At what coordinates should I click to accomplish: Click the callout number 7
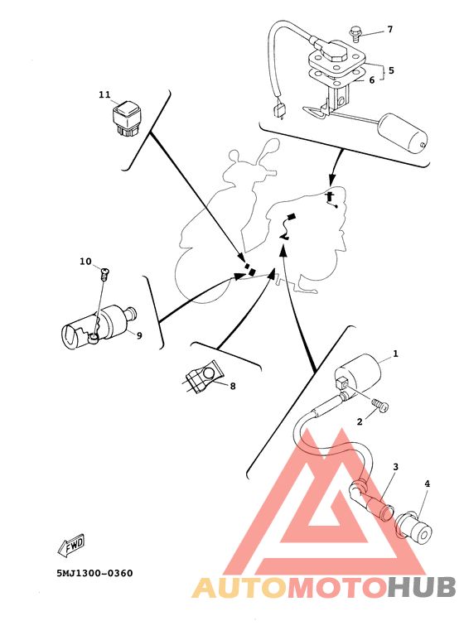point(389,29)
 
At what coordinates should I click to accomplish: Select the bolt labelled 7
point(355,34)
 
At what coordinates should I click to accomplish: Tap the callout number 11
point(104,94)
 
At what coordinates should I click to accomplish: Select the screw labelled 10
point(105,273)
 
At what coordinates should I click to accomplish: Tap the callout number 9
point(139,335)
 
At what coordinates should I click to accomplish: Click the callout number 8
point(233,386)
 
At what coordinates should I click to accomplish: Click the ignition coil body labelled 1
point(358,373)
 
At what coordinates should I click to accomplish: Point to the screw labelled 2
point(380,406)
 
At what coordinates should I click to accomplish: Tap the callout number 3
point(395,466)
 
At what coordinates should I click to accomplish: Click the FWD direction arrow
point(71,546)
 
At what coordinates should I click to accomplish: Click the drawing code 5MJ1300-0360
point(94,574)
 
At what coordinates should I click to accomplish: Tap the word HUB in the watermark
point(421,588)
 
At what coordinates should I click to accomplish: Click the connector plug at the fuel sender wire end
point(279,110)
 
